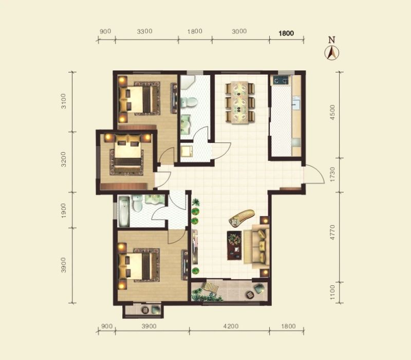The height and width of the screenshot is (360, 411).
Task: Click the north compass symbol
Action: pyautogui.click(x=331, y=53)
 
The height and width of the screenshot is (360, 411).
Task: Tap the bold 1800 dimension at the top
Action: pyautogui.click(x=286, y=33)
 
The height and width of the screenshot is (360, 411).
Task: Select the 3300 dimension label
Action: pyautogui.click(x=145, y=31)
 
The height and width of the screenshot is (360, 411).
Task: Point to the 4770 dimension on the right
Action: pyautogui.click(x=332, y=232)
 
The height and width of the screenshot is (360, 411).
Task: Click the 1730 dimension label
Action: pyautogui.click(x=332, y=174)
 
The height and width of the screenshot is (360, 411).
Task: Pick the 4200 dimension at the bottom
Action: pyautogui.click(x=231, y=326)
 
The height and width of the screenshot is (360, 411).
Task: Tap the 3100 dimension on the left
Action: pyautogui.click(x=64, y=101)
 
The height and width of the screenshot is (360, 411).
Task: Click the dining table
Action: pyautogui.click(x=240, y=102)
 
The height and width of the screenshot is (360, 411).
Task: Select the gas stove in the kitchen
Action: pyautogui.click(x=281, y=80)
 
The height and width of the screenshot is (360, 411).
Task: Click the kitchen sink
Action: pyautogui.click(x=296, y=103)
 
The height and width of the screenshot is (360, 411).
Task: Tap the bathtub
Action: pyautogui.click(x=124, y=212)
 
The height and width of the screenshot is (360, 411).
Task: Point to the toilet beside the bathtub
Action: pyautogui.click(x=137, y=203)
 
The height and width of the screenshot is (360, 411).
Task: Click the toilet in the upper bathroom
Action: pyautogui.click(x=189, y=102)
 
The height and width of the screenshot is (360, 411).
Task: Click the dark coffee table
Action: pyautogui.click(x=234, y=245)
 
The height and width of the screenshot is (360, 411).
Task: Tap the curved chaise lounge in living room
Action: pyautogui.click(x=241, y=217)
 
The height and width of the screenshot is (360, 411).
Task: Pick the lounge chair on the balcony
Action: pyautogui.click(x=210, y=286)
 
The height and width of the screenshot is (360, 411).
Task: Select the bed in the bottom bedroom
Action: pyautogui.click(x=139, y=265)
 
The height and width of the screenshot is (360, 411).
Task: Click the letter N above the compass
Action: pyautogui.click(x=332, y=40)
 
